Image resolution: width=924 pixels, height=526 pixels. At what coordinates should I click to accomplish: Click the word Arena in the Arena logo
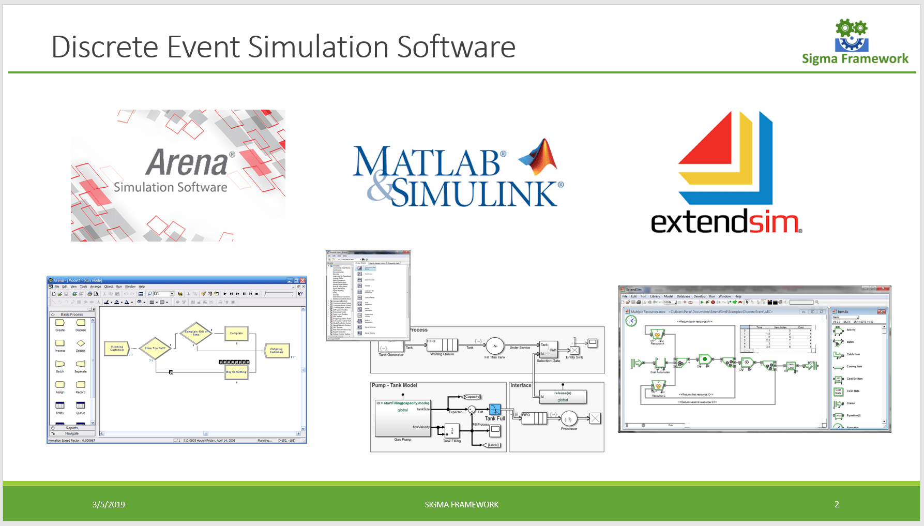pos(187,162)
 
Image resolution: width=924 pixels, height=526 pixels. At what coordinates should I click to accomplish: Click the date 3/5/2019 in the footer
pos(109,505)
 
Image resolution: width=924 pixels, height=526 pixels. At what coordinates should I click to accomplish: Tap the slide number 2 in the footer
pos(837,504)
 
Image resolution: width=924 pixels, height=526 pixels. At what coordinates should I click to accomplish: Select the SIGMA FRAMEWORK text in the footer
pos(461,505)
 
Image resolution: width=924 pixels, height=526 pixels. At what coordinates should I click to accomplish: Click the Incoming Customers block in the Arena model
pos(117,349)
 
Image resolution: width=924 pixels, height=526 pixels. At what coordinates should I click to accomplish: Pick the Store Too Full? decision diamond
pos(155,348)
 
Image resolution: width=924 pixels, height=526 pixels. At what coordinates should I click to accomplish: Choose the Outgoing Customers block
pos(277,350)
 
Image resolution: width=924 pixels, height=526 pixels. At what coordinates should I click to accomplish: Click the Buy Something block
pos(236,372)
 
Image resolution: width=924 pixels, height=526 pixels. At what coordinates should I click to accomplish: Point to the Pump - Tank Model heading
pos(394,385)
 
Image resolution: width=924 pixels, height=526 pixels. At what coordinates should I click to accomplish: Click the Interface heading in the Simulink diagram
pos(521,385)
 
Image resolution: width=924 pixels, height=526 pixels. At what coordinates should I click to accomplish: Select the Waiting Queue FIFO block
pos(442,345)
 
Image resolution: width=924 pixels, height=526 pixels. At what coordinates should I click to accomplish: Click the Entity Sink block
pos(574,350)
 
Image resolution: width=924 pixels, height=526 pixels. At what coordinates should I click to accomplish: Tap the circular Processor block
pos(569,419)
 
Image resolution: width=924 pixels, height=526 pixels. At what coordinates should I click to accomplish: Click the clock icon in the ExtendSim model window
pos(631,321)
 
